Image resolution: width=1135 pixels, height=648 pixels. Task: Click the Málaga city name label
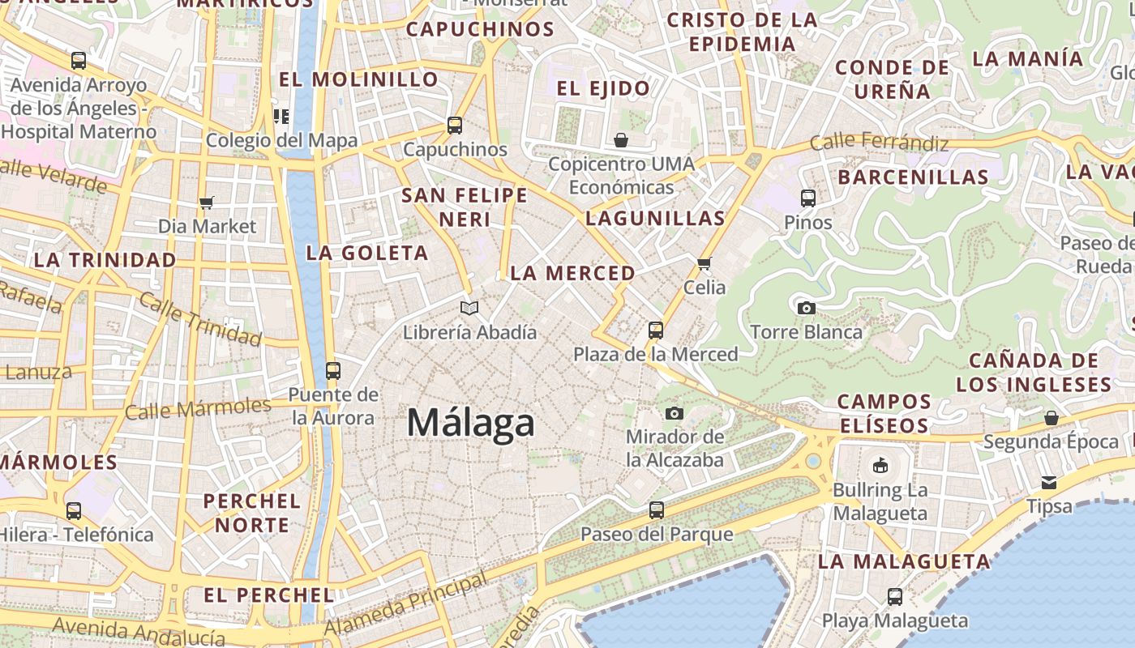tap(471, 423)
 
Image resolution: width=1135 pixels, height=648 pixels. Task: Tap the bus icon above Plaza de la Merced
tap(656, 330)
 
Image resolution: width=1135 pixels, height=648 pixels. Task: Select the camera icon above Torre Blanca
tap(806, 308)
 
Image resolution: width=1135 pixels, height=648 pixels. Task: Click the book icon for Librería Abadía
tap(469, 308)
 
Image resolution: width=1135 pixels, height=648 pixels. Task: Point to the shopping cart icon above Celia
tap(705, 263)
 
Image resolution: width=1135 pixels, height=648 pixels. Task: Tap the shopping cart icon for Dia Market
tap(207, 202)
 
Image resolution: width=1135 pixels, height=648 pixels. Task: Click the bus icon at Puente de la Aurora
tap(333, 371)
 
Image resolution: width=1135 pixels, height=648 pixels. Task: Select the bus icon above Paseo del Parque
tap(657, 510)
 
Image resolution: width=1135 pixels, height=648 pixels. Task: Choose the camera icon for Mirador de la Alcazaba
tap(674, 414)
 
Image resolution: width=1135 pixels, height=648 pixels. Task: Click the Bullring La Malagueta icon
tap(880, 465)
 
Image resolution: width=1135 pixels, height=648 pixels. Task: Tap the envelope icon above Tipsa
tap(1049, 483)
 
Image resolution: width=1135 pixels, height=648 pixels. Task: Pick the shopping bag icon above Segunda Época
tap(1051, 418)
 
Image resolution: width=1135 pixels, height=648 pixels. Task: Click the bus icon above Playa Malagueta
tap(895, 597)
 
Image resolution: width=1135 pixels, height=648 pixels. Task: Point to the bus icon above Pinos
tap(807, 198)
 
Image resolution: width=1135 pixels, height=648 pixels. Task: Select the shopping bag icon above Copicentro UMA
tap(621, 140)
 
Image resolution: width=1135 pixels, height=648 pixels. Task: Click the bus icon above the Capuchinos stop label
tap(455, 126)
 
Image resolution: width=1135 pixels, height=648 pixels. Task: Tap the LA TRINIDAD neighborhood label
tap(105, 260)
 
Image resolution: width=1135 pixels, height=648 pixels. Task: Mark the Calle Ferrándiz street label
tap(880, 143)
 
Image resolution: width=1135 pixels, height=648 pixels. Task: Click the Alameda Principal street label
tap(405, 605)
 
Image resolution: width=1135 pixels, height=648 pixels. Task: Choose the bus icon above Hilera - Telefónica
tap(74, 511)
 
